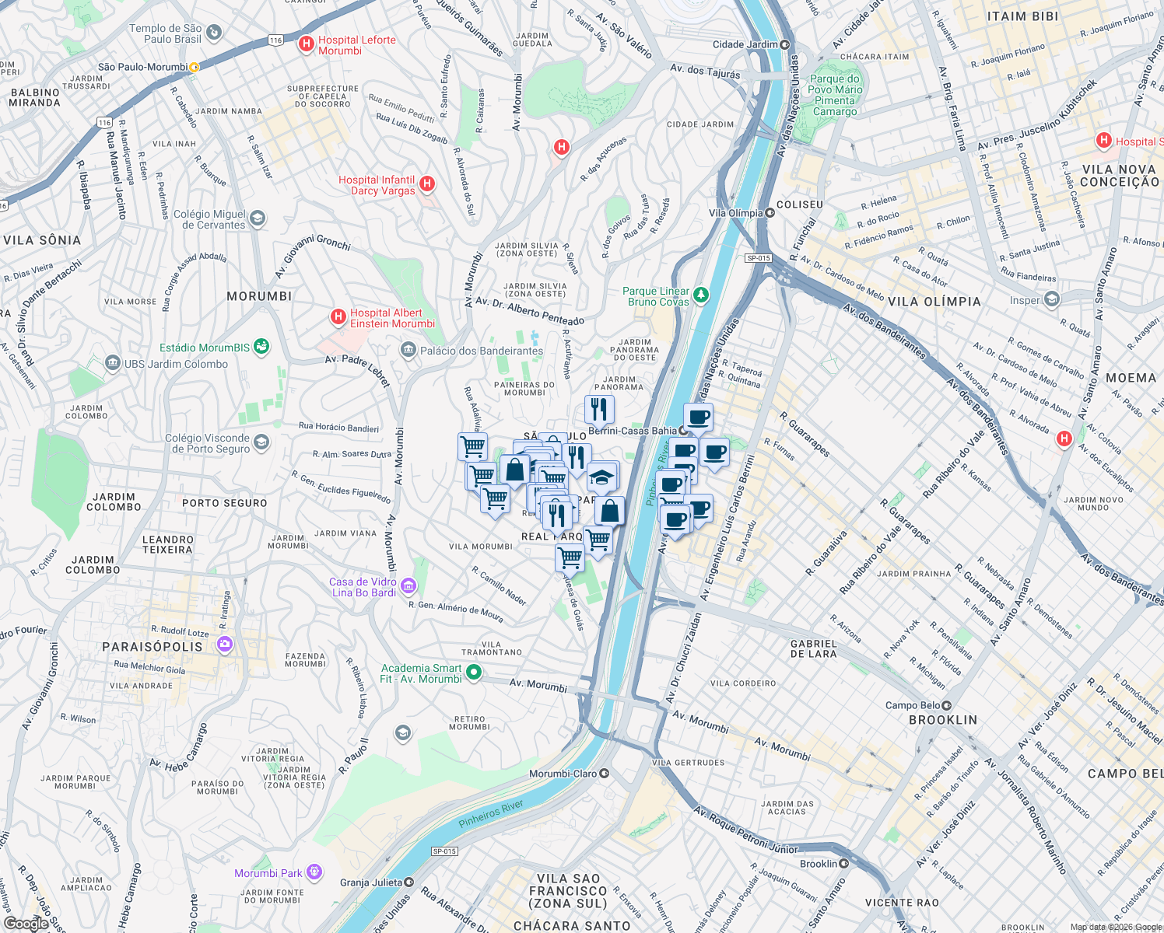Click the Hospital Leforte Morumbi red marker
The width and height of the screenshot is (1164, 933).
pyautogui.click(x=307, y=44)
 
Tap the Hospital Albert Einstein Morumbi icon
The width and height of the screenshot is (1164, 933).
pyautogui.click(x=338, y=317)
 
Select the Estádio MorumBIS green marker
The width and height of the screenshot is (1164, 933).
pyautogui.click(x=261, y=347)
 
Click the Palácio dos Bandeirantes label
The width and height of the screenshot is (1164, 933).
pyautogui.click(x=481, y=351)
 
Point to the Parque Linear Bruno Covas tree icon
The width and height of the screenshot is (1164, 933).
pyautogui.click(x=701, y=295)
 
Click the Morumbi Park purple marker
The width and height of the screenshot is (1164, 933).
pyautogui.click(x=314, y=872)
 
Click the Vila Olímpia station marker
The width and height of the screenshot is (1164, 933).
pyautogui.click(x=770, y=212)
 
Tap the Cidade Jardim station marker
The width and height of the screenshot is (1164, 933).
pyautogui.click(x=784, y=44)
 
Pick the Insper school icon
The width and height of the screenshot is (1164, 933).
pyautogui.click(x=1052, y=299)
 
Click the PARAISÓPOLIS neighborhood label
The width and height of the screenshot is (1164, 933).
pyautogui.click(x=153, y=647)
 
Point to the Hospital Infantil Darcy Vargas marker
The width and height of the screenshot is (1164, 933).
pyautogui.click(x=426, y=184)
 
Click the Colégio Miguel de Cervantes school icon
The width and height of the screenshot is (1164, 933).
pyautogui.click(x=258, y=218)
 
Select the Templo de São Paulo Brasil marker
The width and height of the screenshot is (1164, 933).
pyautogui.click(x=214, y=33)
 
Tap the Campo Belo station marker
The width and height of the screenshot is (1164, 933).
pyautogui.click(x=946, y=705)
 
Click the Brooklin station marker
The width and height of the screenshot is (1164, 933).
pyautogui.click(x=843, y=863)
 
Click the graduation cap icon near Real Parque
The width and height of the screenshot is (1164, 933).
pyautogui.click(x=602, y=477)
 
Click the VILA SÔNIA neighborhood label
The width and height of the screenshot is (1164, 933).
pyautogui.click(x=42, y=240)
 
